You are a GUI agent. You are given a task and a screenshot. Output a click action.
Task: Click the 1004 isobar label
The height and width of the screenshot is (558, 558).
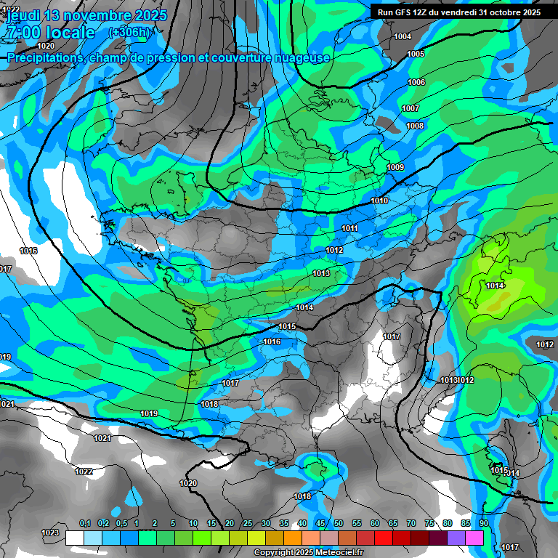402,36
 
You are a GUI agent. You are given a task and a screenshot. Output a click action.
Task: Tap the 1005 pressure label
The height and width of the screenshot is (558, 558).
416,54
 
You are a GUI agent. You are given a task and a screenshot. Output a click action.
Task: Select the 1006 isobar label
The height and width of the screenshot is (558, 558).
416,82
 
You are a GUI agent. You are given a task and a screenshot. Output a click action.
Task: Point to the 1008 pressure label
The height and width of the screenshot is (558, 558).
415,126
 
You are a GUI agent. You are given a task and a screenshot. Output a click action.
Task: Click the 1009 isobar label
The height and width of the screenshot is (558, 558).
395,168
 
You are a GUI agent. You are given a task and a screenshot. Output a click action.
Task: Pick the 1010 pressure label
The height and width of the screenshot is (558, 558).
379,201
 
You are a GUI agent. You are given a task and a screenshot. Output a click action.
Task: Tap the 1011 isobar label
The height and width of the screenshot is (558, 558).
349,228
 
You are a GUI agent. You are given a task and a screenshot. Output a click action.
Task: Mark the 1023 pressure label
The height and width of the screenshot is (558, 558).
50,533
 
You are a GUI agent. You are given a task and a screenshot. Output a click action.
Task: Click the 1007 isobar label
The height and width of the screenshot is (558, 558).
411,108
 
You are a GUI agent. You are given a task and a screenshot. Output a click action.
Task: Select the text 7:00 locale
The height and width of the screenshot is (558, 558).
51,33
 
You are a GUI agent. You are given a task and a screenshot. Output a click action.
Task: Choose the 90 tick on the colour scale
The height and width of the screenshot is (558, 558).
483,524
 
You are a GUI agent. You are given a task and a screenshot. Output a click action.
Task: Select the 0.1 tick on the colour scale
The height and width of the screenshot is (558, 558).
84,524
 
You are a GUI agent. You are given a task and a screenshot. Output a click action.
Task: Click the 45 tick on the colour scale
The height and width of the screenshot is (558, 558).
320,524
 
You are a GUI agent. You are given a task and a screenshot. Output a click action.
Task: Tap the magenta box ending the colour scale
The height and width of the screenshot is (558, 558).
474,538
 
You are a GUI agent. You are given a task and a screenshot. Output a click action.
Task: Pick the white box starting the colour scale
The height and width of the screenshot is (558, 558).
75,538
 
